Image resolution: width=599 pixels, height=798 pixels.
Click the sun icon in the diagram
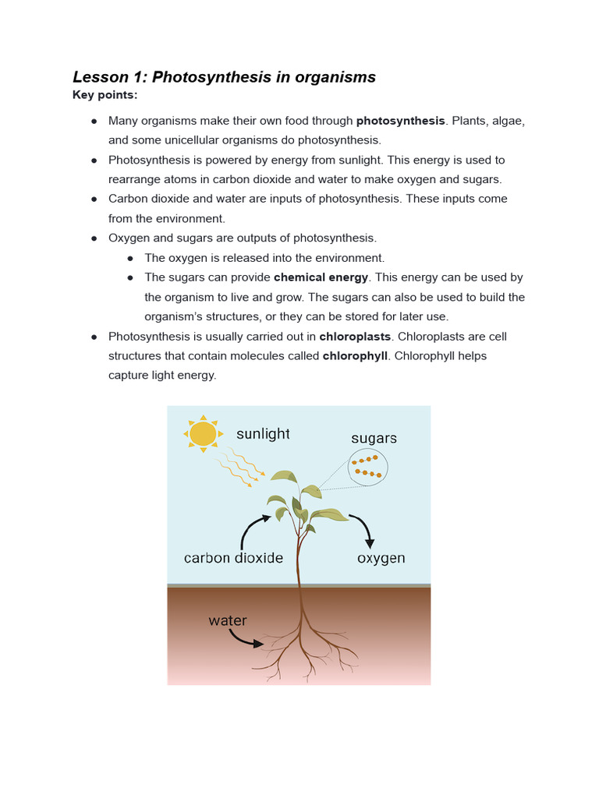203,433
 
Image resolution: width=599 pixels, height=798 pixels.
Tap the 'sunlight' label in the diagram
263,434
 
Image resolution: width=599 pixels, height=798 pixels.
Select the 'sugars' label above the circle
374,439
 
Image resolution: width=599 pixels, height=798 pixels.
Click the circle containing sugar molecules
368,466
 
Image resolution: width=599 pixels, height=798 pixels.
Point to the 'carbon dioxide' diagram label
233,558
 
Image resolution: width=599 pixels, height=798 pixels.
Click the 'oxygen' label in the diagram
381,558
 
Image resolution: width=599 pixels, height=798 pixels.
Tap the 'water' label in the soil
228,621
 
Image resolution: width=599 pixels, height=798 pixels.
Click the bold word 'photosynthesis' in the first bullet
400,121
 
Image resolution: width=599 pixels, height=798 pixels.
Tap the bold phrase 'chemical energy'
321,277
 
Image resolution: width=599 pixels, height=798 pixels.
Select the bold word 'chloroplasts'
356,337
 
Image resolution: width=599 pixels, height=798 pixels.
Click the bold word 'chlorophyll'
355,355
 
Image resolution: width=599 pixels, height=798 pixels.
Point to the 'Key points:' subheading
105,95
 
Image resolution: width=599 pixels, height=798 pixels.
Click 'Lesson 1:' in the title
110,77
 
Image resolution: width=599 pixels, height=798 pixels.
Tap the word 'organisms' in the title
339,77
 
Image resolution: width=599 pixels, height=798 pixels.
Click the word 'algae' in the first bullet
505,121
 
